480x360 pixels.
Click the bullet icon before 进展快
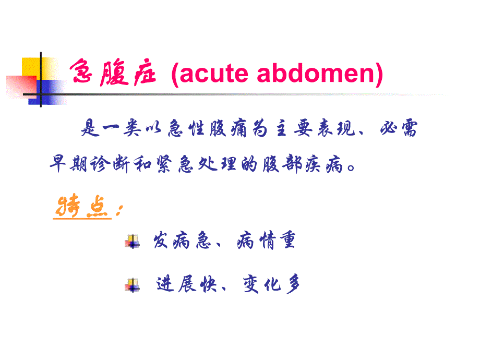(x=133, y=285)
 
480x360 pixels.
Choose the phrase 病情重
(x=266, y=241)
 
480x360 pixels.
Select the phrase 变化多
(x=272, y=284)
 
